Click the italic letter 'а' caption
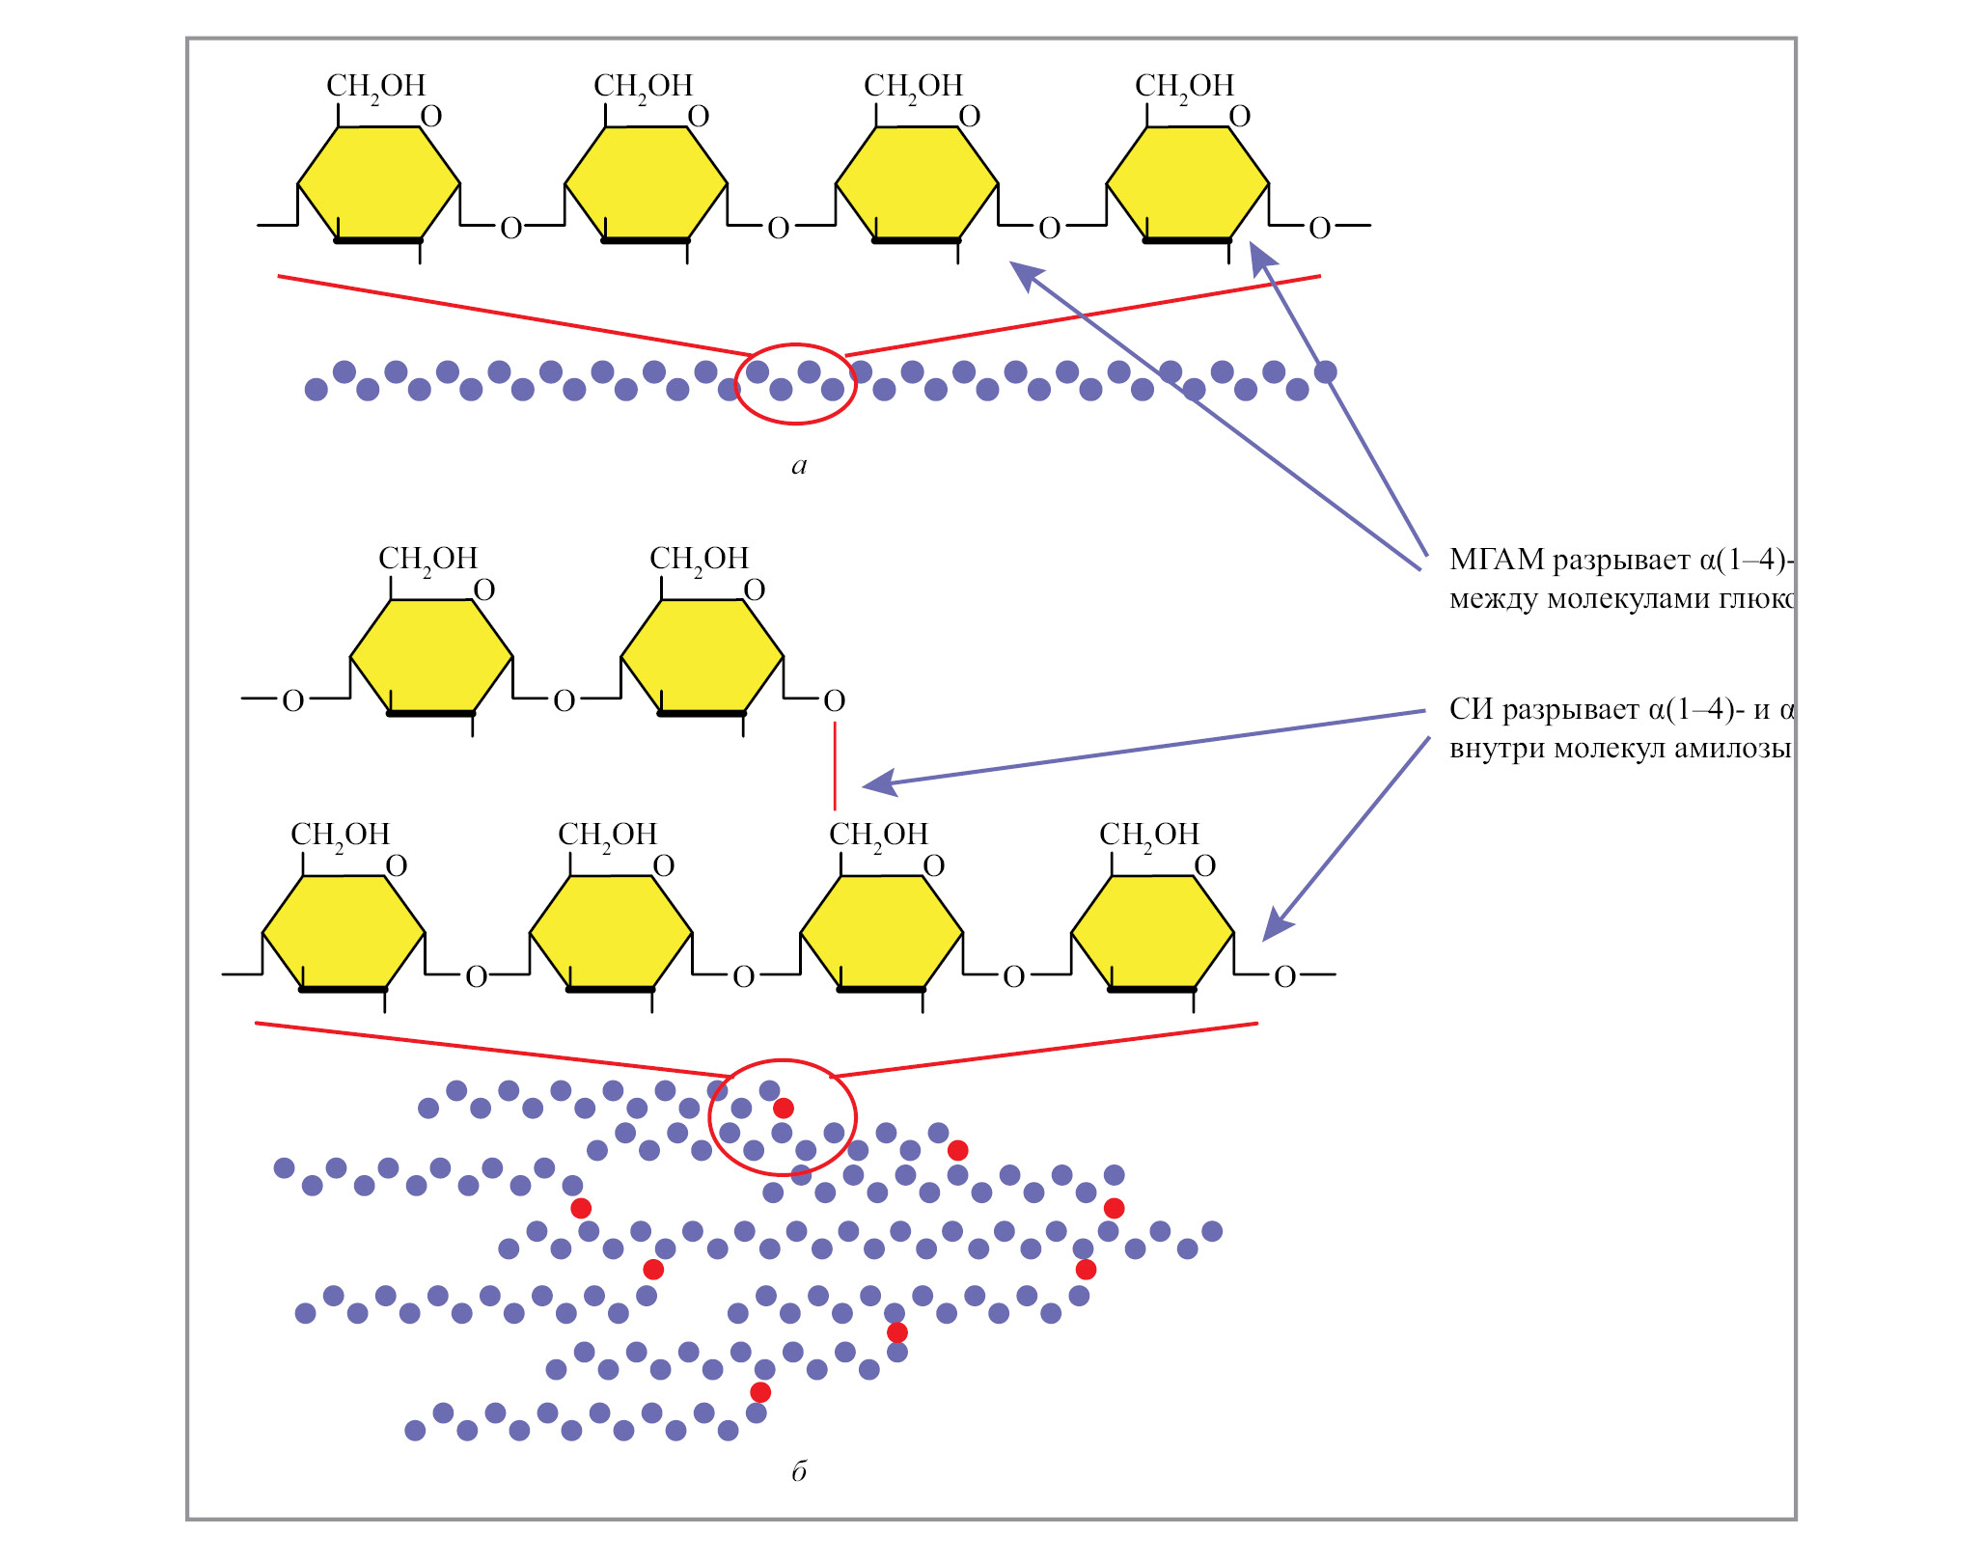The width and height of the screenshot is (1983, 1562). coord(798,466)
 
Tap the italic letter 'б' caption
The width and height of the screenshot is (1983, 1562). coord(798,1471)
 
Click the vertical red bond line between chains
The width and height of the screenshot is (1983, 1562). coord(835,767)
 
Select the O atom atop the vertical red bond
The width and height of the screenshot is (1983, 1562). coord(835,700)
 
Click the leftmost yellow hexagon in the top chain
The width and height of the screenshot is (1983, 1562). coord(378,183)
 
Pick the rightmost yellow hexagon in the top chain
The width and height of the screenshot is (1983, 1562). coord(1187,183)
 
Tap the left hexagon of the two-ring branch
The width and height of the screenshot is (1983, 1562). coord(431,656)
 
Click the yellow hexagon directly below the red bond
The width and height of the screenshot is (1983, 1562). coord(882,932)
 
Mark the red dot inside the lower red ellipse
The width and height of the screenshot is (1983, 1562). coord(784,1108)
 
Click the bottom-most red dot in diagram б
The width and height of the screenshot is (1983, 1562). coord(760,1392)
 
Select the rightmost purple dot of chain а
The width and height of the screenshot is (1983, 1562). coord(1326,371)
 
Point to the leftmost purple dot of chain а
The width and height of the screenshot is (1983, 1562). coord(316,390)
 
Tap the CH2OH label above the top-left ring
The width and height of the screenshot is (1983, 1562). coord(375,87)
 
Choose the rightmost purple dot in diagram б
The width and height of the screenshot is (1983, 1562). coord(1212,1231)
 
